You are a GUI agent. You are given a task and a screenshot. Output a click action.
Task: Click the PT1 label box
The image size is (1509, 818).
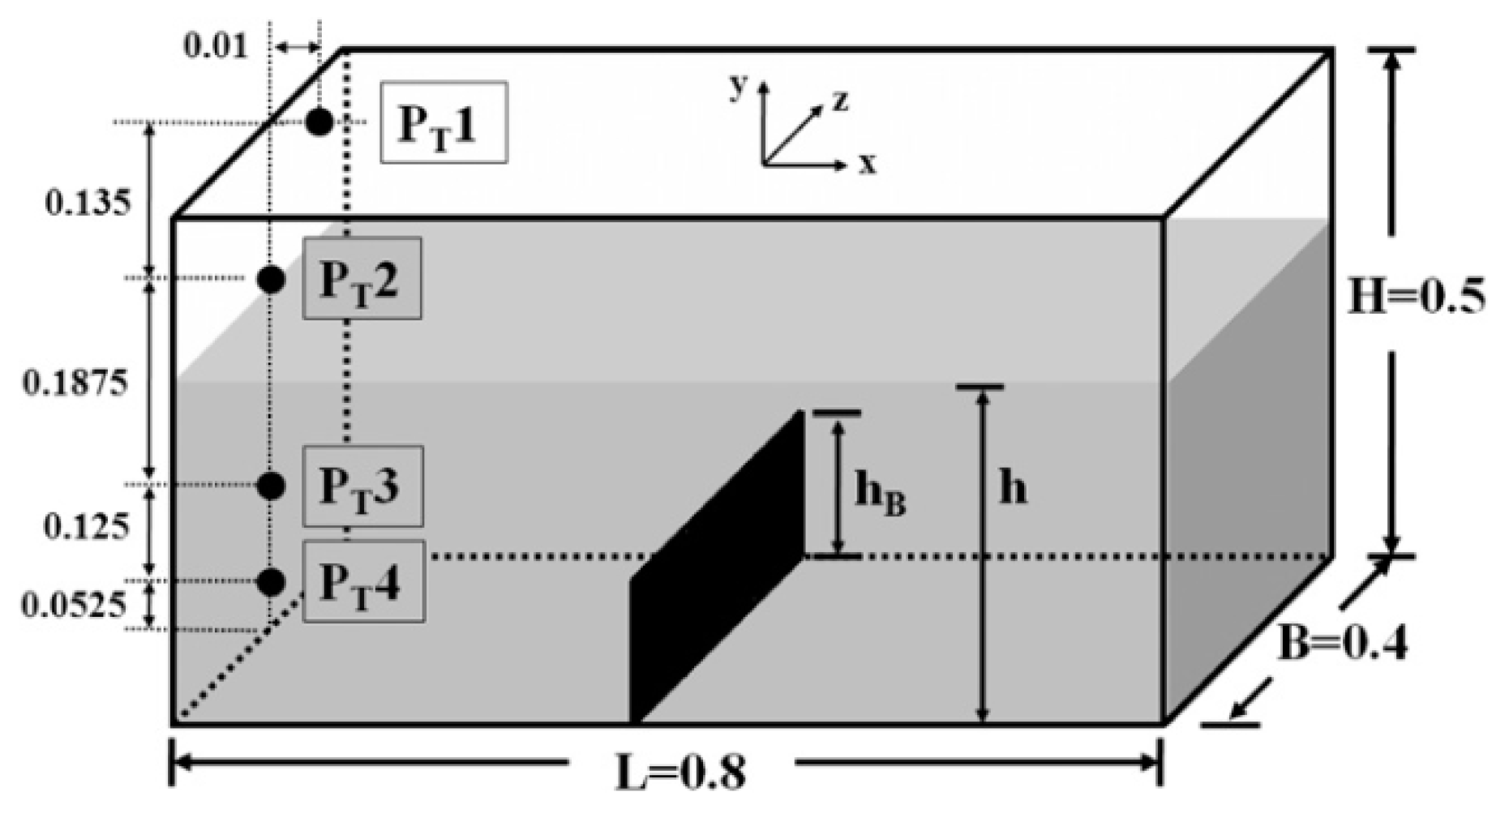(444, 122)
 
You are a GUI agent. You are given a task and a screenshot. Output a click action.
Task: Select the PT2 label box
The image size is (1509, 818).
(362, 278)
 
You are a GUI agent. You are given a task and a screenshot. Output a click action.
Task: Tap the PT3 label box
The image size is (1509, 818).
(362, 486)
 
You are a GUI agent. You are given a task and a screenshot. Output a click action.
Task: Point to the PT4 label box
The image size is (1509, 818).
(363, 581)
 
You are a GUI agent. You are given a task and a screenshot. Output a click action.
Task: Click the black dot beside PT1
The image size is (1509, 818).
(319, 122)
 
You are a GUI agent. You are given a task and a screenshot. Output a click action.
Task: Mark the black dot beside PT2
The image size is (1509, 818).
(271, 279)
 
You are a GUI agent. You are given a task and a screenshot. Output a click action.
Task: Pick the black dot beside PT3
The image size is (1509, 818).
(271, 486)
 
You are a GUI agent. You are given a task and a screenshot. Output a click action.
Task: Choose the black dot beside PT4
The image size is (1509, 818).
(271, 581)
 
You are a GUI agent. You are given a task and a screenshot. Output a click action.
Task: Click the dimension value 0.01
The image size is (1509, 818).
(215, 46)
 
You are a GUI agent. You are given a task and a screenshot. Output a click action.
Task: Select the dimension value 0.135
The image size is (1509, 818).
(88, 203)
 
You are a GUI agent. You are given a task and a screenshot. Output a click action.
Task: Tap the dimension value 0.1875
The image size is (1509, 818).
(75, 382)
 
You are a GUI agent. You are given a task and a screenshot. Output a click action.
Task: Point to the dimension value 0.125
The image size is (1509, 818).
(86, 527)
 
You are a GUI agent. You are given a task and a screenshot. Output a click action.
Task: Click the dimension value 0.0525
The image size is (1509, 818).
(75, 604)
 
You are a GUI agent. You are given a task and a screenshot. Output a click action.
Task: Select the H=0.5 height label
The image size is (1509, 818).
(1416, 298)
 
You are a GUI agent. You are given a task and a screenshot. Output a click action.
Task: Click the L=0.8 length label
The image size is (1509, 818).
(679, 772)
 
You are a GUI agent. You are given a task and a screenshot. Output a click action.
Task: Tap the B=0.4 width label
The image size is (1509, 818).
(1342, 645)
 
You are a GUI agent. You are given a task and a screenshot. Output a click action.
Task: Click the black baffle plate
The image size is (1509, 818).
(717, 567)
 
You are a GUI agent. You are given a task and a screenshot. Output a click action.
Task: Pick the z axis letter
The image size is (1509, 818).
(840, 101)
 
